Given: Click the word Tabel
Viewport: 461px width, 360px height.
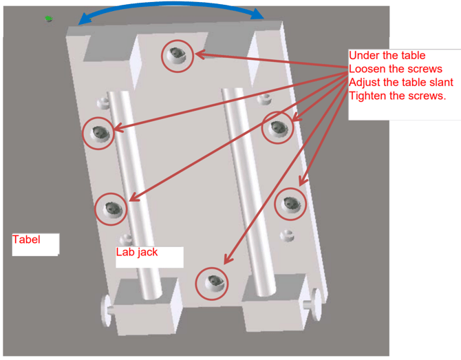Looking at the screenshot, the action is click(26, 240).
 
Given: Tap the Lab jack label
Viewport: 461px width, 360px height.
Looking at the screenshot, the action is click(137, 253).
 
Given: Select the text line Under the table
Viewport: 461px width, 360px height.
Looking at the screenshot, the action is click(387, 55).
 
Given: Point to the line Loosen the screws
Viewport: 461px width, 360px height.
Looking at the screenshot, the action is click(396, 69).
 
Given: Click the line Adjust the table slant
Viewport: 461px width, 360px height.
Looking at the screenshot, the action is click(401, 83).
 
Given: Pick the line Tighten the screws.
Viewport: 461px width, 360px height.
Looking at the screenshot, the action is click(398, 96).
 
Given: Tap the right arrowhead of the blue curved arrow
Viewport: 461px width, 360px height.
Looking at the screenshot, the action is click(257, 14).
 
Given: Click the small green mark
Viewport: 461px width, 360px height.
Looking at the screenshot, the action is click(49, 19).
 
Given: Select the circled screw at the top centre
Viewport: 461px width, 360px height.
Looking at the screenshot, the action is click(178, 56).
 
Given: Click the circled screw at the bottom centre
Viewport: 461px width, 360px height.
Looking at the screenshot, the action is click(212, 284).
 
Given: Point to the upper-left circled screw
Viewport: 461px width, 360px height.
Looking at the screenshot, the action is click(98, 134).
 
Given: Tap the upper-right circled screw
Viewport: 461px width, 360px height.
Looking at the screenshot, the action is click(277, 127).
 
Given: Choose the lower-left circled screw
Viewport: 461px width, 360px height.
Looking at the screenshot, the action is click(111, 209).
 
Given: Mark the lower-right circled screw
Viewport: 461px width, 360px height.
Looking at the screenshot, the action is click(290, 204).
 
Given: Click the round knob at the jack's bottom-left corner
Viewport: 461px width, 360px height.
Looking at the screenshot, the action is click(107, 310).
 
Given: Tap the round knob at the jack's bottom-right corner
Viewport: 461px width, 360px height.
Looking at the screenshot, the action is click(314, 304).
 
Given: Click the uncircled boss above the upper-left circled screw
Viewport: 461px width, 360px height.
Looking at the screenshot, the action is click(103, 103).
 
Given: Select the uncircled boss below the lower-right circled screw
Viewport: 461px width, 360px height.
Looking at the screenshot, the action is click(287, 235).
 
